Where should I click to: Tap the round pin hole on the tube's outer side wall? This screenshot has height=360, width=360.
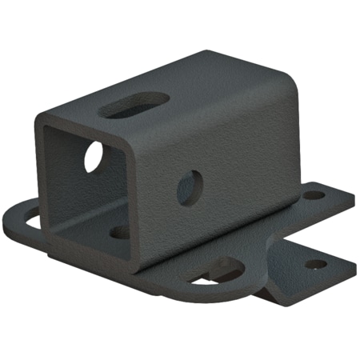(189, 187)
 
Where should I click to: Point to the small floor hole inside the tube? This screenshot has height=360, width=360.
(119, 232)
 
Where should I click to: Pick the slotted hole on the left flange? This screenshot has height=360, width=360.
(30, 216)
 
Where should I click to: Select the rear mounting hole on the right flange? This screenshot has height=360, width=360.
(314, 194)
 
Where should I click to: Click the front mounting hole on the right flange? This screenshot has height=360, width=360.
(317, 263)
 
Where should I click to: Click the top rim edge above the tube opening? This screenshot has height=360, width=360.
(88, 126)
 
